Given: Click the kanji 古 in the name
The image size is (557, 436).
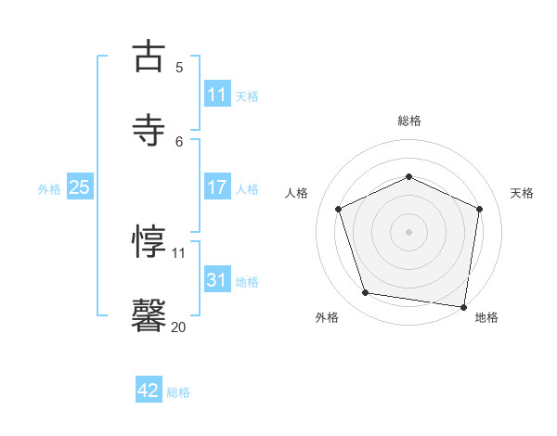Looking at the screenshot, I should coord(149,57).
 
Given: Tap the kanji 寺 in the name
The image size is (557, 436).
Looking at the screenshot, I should coord(149,129).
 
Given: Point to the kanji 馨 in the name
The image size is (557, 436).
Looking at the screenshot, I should coord(149,314).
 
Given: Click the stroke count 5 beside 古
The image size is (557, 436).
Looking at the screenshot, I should coord(179,68).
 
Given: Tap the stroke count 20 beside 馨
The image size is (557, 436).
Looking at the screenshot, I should coord(179,327).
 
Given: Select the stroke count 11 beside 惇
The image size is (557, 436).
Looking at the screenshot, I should coord(179,252).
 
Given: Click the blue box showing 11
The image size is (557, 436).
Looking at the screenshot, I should coord(216,95).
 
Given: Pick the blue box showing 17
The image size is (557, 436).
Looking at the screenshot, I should coord(216,187).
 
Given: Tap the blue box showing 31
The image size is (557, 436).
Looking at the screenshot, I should coord(216,279).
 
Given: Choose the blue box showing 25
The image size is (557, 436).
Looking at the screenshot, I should coord(79,187).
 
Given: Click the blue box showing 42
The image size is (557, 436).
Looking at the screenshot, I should coord(149,391).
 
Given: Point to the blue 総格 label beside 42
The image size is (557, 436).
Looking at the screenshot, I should coord(178,392).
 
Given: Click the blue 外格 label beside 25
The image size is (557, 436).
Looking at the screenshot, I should coord(49,189).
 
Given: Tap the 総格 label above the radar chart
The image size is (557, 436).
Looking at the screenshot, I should coord(409,121).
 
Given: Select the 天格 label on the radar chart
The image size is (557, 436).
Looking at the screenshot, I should coord(522,193).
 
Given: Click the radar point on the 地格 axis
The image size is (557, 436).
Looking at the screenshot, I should coord(463,306).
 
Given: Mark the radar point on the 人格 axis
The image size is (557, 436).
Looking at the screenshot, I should coord(339,209).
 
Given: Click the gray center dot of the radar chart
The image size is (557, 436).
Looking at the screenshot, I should coord(408,232).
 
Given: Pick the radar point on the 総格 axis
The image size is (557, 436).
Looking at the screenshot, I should coord(408,176).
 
